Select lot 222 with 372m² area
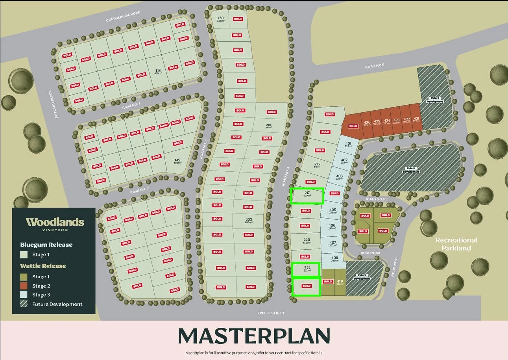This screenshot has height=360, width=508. click(x=307, y=269)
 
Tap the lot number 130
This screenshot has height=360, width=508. click(x=220, y=19)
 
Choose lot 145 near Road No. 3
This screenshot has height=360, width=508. click(x=177, y=161)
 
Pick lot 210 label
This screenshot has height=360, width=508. click(x=268, y=126)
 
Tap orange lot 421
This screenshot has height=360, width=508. click(x=416, y=120)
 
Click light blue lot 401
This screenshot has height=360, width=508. click(x=348, y=145)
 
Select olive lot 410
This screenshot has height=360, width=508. click(x=340, y=282)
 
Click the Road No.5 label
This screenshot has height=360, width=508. click(x=374, y=66)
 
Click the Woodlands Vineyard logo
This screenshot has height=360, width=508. click(x=55, y=223)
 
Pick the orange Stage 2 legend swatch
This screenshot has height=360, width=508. click(x=25, y=286)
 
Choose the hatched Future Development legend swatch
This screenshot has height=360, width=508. click(x=25, y=304)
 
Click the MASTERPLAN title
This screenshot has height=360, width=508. click(x=254, y=336)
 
